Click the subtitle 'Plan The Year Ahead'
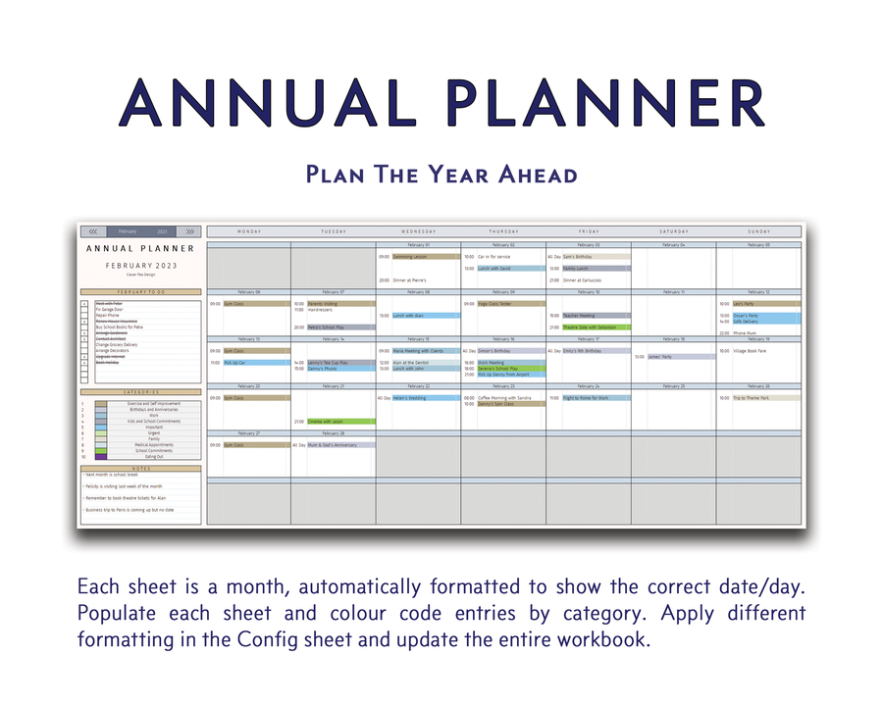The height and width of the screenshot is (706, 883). coord(441,175)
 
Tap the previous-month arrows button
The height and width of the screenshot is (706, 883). coord(93,231)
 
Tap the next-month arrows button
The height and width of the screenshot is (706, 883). coord(190,231)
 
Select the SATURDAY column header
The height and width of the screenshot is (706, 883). coord(673,231)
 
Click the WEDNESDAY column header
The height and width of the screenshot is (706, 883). coord(418,231)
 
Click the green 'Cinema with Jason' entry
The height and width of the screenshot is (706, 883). coord(334,422)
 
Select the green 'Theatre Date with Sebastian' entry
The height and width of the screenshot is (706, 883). coord(596,328)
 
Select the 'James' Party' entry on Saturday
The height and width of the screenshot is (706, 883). coord(680,357)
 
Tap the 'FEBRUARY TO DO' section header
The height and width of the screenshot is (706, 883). coord(141,292)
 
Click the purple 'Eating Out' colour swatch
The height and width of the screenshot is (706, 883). coord(102,457)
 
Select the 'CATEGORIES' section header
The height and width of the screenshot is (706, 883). coord(141,392)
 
